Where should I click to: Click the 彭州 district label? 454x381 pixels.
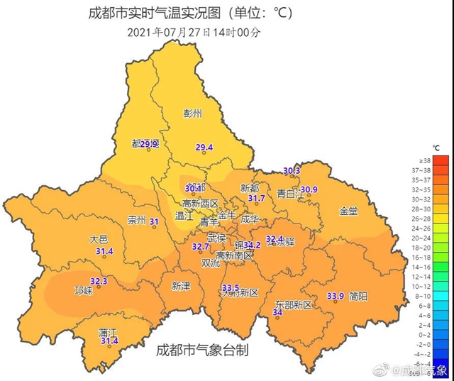click(x=193, y=113)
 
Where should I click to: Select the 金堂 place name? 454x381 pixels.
click(x=348, y=211)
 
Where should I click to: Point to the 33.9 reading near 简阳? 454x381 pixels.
click(x=335, y=296)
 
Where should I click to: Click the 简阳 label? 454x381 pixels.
click(x=358, y=296)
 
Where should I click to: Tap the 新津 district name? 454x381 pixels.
click(x=182, y=285)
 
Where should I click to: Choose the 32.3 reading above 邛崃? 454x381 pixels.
click(x=99, y=281)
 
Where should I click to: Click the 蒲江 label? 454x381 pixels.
click(x=108, y=332)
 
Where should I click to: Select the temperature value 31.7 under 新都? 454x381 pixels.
click(x=256, y=199)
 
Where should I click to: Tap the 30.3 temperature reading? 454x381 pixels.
click(x=292, y=171)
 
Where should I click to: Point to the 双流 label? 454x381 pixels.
click(x=211, y=263)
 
